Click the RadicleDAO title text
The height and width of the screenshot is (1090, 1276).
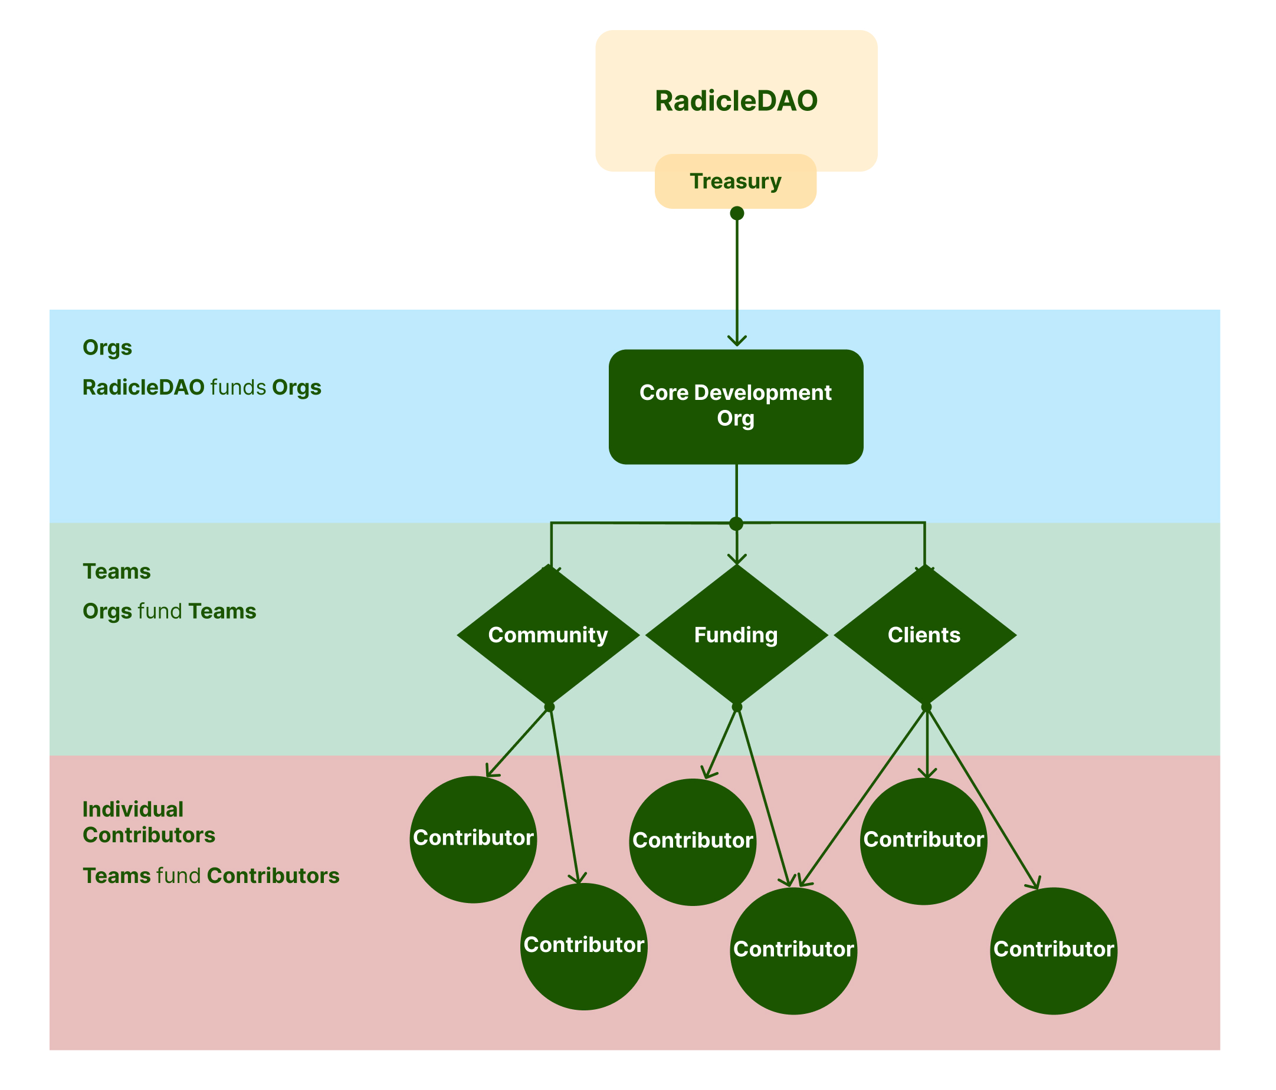pyautogui.click(x=736, y=101)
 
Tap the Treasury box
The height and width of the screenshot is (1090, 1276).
pyautogui.click(x=735, y=181)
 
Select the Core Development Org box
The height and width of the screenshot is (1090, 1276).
pyautogui.click(x=736, y=406)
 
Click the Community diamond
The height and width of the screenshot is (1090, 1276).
pyautogui.click(x=548, y=635)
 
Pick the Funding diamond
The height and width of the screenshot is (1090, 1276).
pyautogui.click(x=737, y=635)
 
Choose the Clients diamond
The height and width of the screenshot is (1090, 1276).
pyautogui.click(x=924, y=635)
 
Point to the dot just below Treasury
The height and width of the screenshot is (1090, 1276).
pyautogui.click(x=737, y=213)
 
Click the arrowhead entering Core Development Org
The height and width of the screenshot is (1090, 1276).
pyautogui.click(x=737, y=340)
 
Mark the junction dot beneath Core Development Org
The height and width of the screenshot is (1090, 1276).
pyautogui.click(x=736, y=524)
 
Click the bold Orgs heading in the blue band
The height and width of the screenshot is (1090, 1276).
pyautogui.click(x=107, y=348)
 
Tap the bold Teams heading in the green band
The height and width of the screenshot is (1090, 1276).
pyautogui.click(x=116, y=572)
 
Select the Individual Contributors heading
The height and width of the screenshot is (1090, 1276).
pyautogui.click(x=149, y=822)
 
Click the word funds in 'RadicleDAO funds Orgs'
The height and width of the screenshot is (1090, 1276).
pyautogui.click(x=238, y=388)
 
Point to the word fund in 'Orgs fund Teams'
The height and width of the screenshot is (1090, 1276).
pyautogui.click(x=159, y=612)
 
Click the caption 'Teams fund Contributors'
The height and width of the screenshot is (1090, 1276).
pyautogui.click(x=211, y=876)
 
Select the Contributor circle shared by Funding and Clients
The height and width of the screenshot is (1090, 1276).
pyautogui.click(x=793, y=949)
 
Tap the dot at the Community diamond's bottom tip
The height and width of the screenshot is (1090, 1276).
pyautogui.click(x=549, y=707)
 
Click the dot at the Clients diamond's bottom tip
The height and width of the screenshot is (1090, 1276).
pyautogui.click(x=926, y=707)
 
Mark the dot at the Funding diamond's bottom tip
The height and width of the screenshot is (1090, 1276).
pyautogui.click(x=737, y=707)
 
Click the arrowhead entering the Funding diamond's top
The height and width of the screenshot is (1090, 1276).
pyautogui.click(x=737, y=559)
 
